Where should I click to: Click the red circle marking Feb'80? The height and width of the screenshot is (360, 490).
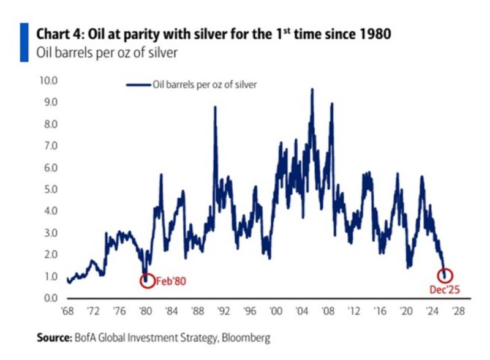tap(146, 280)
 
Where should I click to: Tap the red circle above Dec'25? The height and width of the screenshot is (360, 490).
tap(445, 276)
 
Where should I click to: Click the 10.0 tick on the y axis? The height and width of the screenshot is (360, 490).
tap(48, 81)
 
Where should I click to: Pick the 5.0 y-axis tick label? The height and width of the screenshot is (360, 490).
tap(50, 189)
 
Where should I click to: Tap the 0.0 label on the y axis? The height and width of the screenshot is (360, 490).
tap(50, 298)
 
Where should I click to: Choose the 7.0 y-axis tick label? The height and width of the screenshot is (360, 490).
tap(50, 146)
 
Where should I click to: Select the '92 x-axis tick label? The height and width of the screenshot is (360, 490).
tap(224, 311)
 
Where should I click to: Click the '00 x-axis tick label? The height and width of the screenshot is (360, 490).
tap(276, 311)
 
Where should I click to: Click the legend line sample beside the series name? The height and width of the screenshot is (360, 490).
tap(138, 85)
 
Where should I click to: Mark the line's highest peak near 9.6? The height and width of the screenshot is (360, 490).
tap(312, 89)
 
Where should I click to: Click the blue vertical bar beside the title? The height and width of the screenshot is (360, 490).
tap(24, 42)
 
